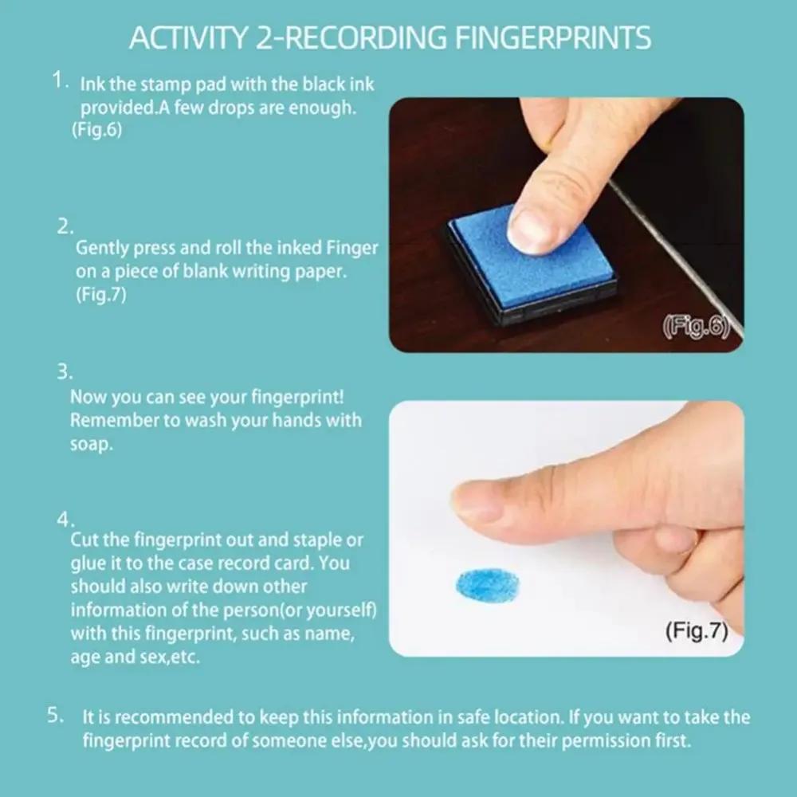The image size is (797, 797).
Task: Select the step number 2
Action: [65, 226]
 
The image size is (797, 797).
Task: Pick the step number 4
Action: [65, 519]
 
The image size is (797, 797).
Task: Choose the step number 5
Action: [55, 715]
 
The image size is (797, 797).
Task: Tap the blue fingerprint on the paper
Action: [487, 585]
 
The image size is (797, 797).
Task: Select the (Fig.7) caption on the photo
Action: [696, 631]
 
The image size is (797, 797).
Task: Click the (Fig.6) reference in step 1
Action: [96, 131]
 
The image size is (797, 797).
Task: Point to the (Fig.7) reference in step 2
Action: [101, 294]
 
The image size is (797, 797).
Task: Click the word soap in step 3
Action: [88, 444]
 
